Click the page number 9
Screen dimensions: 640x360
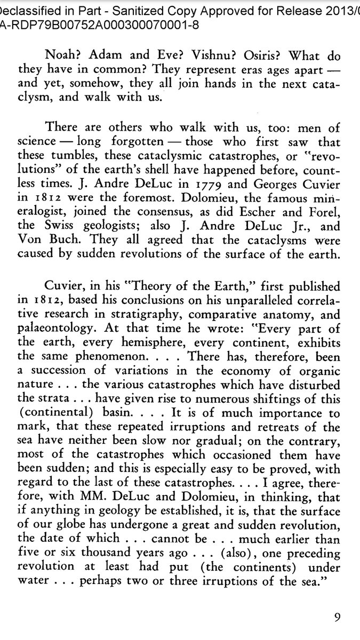point(337,618)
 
